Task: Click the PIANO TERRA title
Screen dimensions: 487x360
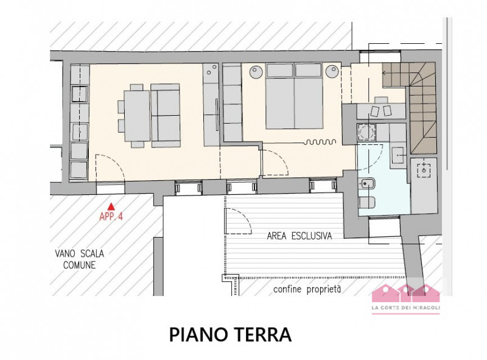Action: (230, 334)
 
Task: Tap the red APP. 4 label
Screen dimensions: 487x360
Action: (111, 216)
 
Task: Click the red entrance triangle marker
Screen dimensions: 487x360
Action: (111, 206)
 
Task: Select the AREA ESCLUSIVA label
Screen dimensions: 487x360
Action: (300, 236)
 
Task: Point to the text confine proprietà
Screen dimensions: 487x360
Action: (307, 289)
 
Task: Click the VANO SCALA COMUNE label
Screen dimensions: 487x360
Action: (80, 259)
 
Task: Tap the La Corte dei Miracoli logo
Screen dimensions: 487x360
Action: (406, 298)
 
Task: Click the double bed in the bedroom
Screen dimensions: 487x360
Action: (294, 96)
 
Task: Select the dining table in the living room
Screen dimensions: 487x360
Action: (137, 116)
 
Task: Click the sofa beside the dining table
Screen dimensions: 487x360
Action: (166, 115)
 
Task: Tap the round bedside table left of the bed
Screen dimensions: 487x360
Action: (257, 72)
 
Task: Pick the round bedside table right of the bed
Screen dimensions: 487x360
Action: (332, 72)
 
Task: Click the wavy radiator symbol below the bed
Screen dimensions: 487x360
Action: (320, 142)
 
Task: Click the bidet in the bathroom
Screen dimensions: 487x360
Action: (367, 185)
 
